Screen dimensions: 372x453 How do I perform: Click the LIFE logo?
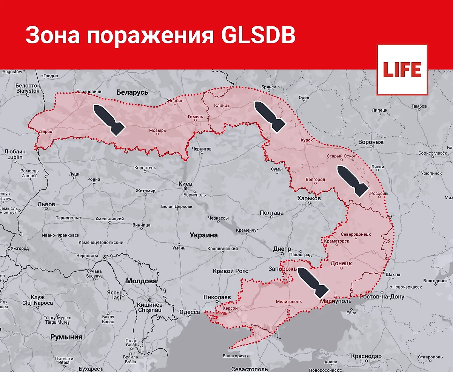coord(402,69)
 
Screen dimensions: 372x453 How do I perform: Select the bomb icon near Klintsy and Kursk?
coord(270,117)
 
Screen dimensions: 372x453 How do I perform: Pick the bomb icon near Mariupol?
coord(313,281)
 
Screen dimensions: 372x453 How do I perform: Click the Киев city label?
coord(185,183)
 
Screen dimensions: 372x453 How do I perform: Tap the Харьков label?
coord(309,198)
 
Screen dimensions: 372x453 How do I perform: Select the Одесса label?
coord(189,312)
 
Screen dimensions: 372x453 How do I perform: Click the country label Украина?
coord(204,235)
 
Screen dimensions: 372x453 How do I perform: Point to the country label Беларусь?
coord(133,92)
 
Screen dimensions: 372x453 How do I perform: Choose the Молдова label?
coord(141,281)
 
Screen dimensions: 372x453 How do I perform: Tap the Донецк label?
coord(341,263)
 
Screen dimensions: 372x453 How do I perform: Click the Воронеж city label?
coord(370,142)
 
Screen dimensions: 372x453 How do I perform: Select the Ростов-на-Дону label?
coord(382,297)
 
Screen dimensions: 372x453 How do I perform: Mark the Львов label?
coord(46,204)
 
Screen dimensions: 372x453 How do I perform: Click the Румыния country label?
coord(66,337)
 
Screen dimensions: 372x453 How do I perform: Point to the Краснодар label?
coord(366,356)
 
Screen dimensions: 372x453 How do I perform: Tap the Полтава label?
coord(272,213)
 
